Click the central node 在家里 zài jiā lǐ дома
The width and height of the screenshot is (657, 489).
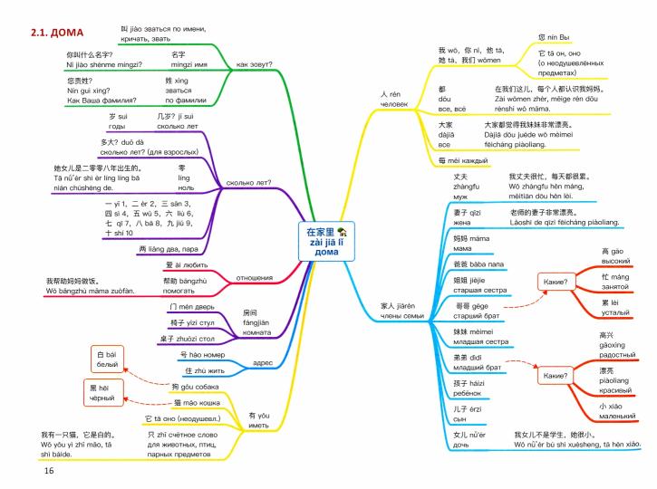click(326, 242)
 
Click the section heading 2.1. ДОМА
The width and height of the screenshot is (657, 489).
click(57, 33)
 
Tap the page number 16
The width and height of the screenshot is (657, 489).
click(49, 471)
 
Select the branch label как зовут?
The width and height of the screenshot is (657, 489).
click(254, 64)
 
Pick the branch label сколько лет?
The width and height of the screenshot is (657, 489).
click(248, 183)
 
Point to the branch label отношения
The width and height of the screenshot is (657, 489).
click(255, 278)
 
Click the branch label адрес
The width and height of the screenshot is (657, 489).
click(263, 362)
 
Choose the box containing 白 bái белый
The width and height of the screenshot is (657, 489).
click(107, 360)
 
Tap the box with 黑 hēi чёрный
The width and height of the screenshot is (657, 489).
click(101, 393)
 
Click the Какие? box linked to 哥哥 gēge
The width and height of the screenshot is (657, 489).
click(556, 282)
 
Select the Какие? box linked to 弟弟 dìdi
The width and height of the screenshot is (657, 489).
click(556, 376)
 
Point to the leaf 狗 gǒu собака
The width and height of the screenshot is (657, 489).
click(195, 387)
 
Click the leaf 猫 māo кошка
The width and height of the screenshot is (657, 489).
click(197, 403)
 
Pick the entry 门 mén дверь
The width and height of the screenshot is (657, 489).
click(192, 307)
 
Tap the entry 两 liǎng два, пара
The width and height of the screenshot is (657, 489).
click(169, 249)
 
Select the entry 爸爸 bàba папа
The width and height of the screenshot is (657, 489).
click(478, 264)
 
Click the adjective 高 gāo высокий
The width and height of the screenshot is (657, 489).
click(615, 256)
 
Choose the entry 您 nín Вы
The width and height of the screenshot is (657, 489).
click(554, 37)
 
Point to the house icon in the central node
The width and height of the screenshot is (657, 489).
click(343, 231)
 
